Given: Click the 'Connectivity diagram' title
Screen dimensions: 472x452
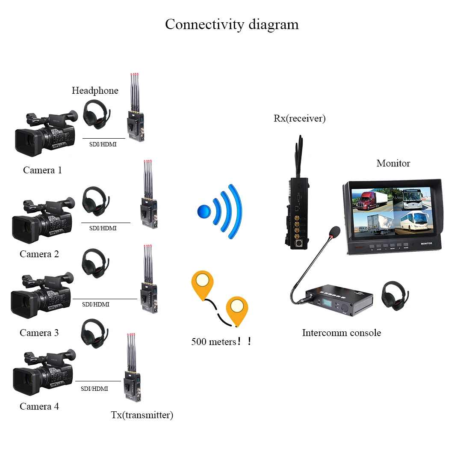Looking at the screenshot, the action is (x=232, y=24).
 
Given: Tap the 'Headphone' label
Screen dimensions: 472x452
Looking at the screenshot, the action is (x=95, y=91).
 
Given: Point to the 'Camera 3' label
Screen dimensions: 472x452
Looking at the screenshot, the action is (x=39, y=333).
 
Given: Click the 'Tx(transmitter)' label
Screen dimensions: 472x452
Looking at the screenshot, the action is (x=142, y=415).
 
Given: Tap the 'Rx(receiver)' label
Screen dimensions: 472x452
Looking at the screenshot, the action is (x=299, y=119).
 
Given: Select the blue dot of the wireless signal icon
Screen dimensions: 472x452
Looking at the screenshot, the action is (x=204, y=211).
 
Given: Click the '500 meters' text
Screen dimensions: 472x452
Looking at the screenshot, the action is (x=213, y=342).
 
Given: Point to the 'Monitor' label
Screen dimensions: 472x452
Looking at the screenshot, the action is (x=393, y=163).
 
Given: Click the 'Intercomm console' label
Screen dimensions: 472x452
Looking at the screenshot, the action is (x=341, y=333).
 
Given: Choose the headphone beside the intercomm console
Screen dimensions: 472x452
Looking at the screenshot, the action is (x=395, y=295).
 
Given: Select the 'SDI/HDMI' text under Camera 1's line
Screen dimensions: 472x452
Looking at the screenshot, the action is (x=103, y=145).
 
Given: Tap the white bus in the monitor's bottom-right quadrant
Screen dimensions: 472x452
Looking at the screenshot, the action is (x=414, y=222).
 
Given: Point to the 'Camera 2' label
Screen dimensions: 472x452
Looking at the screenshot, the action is (x=39, y=254).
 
